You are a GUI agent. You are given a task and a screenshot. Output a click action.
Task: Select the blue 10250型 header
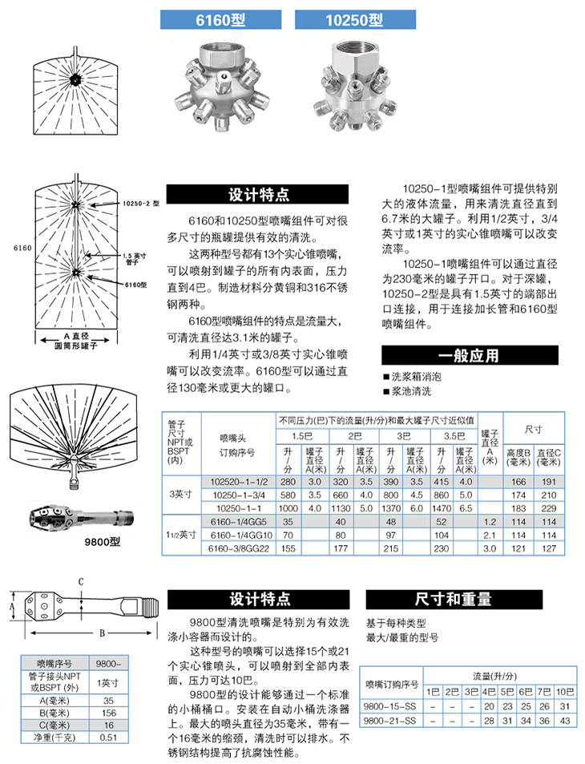point(350,22)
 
